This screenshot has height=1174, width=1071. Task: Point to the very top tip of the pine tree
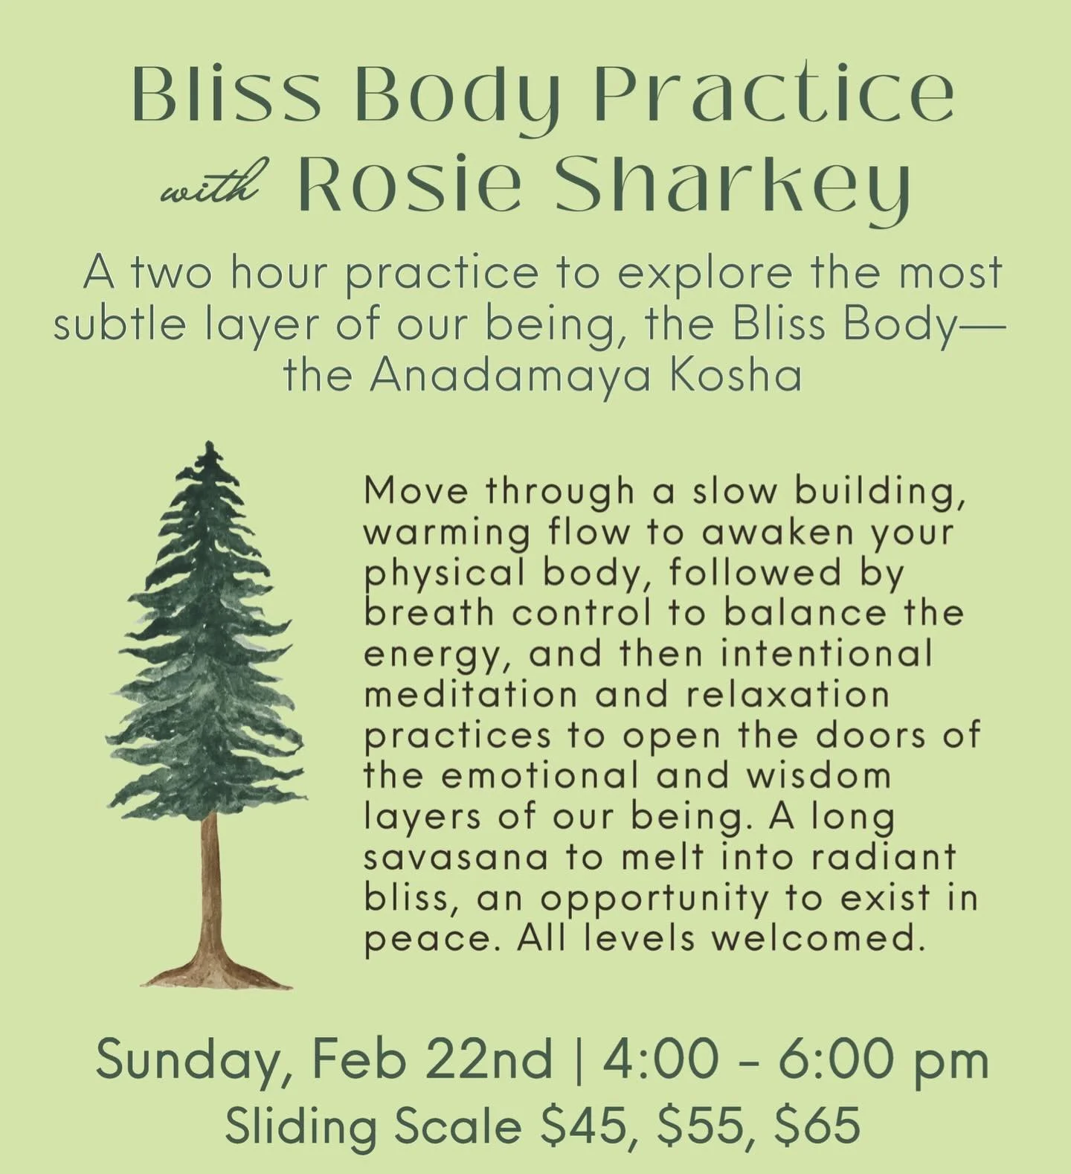(x=211, y=446)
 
